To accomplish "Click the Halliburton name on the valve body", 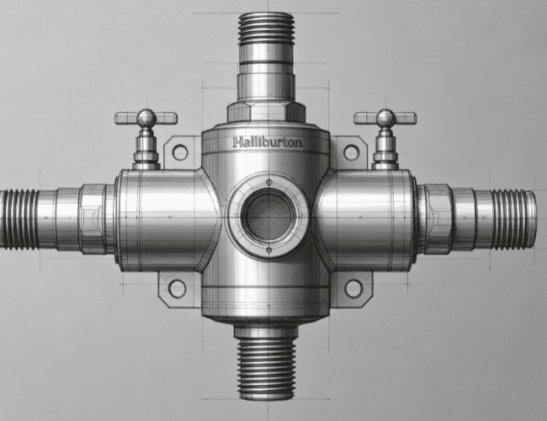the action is pos(268,142).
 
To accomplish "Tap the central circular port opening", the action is pos(268,215).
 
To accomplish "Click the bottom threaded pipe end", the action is pos(267,369).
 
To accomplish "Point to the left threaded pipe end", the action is pos(19,220).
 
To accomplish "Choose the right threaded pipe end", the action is pos(514,220).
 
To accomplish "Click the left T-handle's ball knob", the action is pos(146,118).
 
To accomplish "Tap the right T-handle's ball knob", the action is pos(385,118).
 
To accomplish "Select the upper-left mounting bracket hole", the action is pos(180,152).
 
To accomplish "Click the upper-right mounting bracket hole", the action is pos(351,152).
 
